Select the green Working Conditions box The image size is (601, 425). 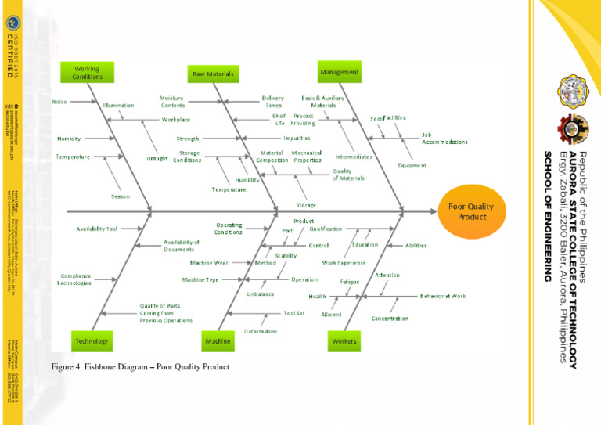click(x=88, y=72)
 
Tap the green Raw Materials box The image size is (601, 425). click(x=213, y=74)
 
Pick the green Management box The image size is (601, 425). click(x=340, y=72)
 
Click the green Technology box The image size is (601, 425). click(x=92, y=341)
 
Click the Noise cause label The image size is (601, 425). click(x=59, y=102)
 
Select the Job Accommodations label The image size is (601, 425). click(x=444, y=139)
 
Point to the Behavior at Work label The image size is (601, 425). click(x=443, y=297)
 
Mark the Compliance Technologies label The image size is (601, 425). click(x=74, y=279)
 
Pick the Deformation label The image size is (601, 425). click(x=260, y=331)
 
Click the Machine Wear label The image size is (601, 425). click(x=209, y=263)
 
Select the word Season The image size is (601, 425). click(x=121, y=196)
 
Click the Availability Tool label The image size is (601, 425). click(x=97, y=229)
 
